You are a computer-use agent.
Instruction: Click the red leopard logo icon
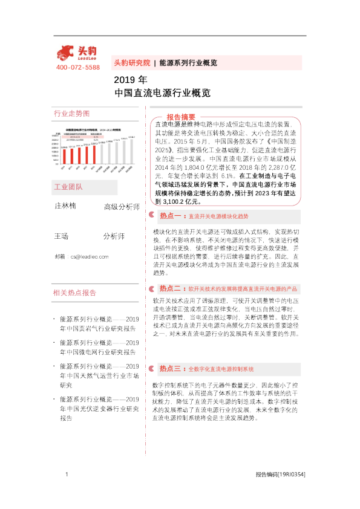pyautogui.click(x=65, y=53)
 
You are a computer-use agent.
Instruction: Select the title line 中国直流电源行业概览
pyautogui.click(x=162, y=93)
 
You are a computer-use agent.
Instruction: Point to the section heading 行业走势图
pyautogui.click(x=71, y=114)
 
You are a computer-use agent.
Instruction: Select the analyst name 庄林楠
pyautogui.click(x=65, y=206)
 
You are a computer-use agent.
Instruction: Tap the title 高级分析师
pyautogui.click(x=122, y=207)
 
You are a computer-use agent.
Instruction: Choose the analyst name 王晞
pyautogui.click(x=61, y=233)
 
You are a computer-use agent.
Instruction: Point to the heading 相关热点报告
pyautogui.click(x=75, y=293)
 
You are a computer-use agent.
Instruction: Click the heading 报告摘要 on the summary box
pyautogui.click(x=181, y=117)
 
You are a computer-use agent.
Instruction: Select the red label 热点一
pyautogui.click(x=171, y=215)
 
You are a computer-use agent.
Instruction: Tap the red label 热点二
pyautogui.click(x=171, y=289)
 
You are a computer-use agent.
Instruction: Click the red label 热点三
pyautogui.click(x=171, y=368)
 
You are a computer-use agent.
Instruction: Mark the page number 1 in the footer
pyautogui.click(x=65, y=475)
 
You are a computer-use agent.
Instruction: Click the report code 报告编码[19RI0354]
pyautogui.click(x=280, y=475)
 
